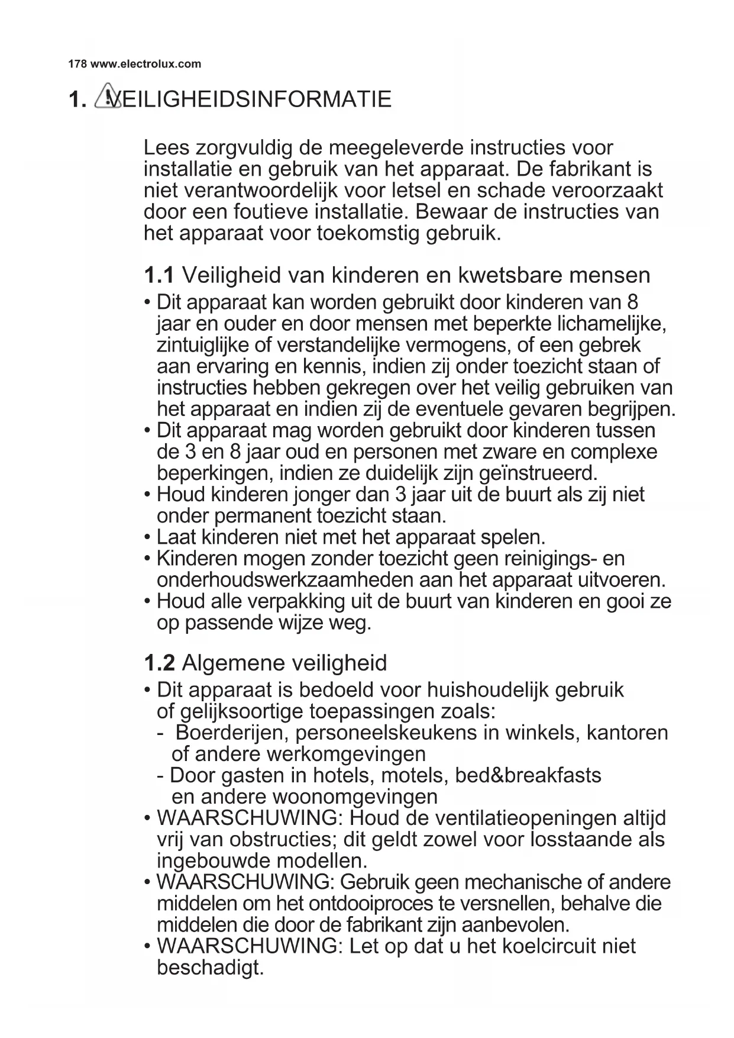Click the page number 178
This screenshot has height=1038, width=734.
click(77, 64)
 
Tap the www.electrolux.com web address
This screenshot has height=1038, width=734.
click(145, 64)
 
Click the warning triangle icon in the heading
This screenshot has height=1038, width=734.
click(105, 97)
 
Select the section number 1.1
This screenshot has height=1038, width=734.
click(159, 275)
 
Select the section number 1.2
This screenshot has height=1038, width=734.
click(159, 663)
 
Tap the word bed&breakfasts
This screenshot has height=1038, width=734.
click(528, 775)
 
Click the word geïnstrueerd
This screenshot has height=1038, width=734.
click(536, 473)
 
